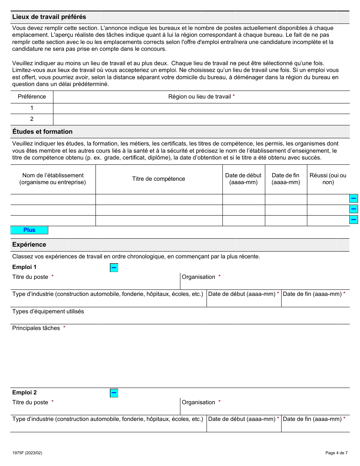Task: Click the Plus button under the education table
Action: [29, 230]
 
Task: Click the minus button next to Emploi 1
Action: [114, 268]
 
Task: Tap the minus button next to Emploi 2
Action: [114, 393]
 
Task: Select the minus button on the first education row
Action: [353, 199]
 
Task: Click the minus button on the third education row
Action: [353, 219]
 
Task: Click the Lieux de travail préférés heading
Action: [49, 17]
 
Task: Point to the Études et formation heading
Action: [42, 132]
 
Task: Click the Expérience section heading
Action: [29, 245]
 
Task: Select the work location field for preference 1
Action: [201, 108]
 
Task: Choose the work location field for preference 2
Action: [201, 119]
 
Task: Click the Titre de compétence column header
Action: [158, 179]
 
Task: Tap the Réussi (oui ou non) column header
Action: [328, 179]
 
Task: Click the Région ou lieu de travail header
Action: [200, 97]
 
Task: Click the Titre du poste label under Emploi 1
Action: [30, 277]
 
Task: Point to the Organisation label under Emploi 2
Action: [199, 402]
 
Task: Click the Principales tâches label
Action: [36, 328]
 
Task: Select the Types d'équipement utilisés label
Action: [48, 311]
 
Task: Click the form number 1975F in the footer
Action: [27, 453]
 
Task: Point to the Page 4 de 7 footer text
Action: [336, 453]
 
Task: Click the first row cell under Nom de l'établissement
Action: [53, 199]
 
